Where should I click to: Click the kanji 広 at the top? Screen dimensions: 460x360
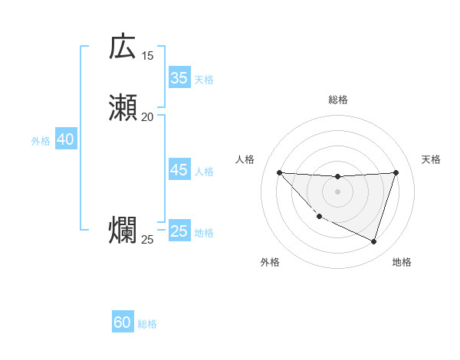[123, 47]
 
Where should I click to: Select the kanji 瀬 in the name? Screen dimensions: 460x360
[123, 108]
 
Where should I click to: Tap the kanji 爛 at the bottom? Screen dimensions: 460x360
[123, 231]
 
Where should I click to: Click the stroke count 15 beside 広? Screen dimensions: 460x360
[147, 55]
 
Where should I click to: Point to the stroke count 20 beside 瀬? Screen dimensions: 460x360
[147, 116]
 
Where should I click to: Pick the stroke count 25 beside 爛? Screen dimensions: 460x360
[147, 240]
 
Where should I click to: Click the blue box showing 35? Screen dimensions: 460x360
[179, 77]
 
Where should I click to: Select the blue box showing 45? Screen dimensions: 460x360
[179, 170]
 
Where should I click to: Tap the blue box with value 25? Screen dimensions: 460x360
[179, 231]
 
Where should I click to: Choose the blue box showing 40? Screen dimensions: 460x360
[65, 139]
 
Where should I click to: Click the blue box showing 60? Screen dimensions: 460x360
[123, 322]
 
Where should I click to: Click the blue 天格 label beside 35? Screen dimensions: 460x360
[204, 79]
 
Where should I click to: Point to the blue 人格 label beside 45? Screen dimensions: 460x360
[204, 172]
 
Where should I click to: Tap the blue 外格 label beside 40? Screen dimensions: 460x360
[41, 141]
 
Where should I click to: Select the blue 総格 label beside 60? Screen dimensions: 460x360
[147, 324]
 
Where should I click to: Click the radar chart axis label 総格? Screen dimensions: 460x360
[338, 100]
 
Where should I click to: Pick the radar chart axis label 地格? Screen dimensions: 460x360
[402, 262]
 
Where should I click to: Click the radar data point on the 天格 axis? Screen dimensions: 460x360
[396, 172]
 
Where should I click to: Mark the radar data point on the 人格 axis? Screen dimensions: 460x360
[279, 172]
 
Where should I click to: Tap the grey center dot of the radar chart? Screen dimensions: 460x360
[337, 191]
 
